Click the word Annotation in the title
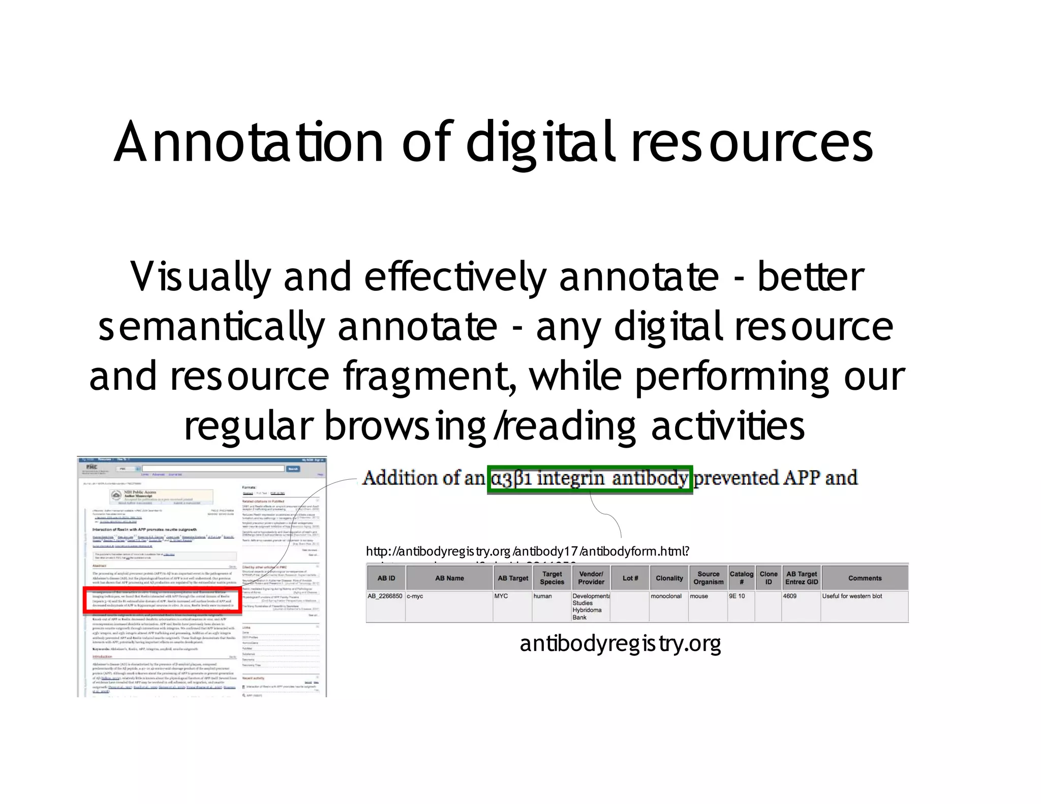249,143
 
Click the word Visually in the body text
199,277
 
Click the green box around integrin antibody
590,479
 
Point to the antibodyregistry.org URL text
527,551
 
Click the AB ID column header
386,578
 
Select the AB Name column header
449,578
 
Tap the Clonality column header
669,578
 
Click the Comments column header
865,578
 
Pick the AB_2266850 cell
385,596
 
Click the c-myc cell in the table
415,596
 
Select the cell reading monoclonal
666,596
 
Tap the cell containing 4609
790,596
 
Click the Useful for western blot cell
852,596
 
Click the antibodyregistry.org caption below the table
620,644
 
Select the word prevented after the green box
736,478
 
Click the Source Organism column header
708,578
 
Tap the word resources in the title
752,143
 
